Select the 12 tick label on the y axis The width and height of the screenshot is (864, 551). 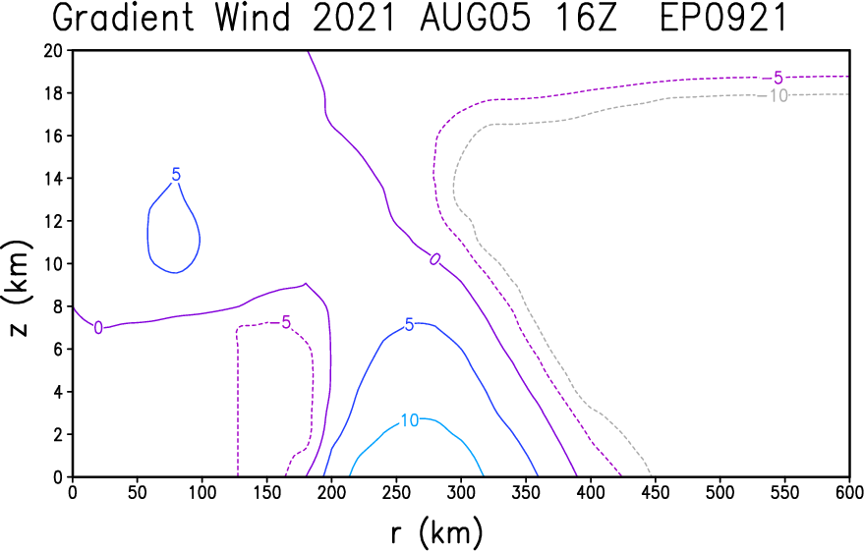(55, 221)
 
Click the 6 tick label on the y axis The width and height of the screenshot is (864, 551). (60, 349)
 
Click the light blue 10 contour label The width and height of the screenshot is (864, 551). (410, 420)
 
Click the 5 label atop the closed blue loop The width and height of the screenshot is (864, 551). (176, 175)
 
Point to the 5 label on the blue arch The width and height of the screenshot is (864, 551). (409, 325)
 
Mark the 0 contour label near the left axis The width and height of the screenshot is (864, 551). (97, 327)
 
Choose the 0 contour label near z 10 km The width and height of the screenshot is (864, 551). (433, 258)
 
